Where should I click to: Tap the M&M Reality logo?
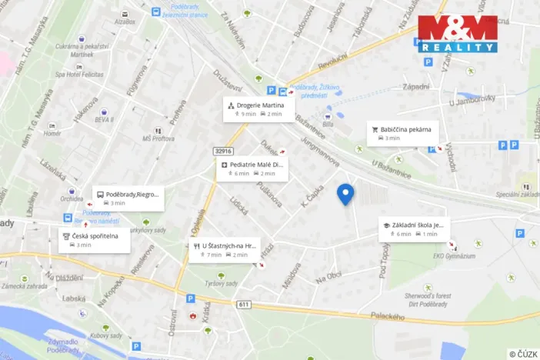point(458,33)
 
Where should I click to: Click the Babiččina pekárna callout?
point(403,133)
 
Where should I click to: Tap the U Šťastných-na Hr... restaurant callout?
point(224,250)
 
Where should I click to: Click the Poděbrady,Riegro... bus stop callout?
point(128,198)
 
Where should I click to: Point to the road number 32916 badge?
point(224,152)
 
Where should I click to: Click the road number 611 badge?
point(244,305)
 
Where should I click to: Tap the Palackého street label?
point(387,316)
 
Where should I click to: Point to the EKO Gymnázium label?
point(451,256)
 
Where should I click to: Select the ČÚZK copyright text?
point(524,353)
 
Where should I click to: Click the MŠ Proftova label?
point(158,138)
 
